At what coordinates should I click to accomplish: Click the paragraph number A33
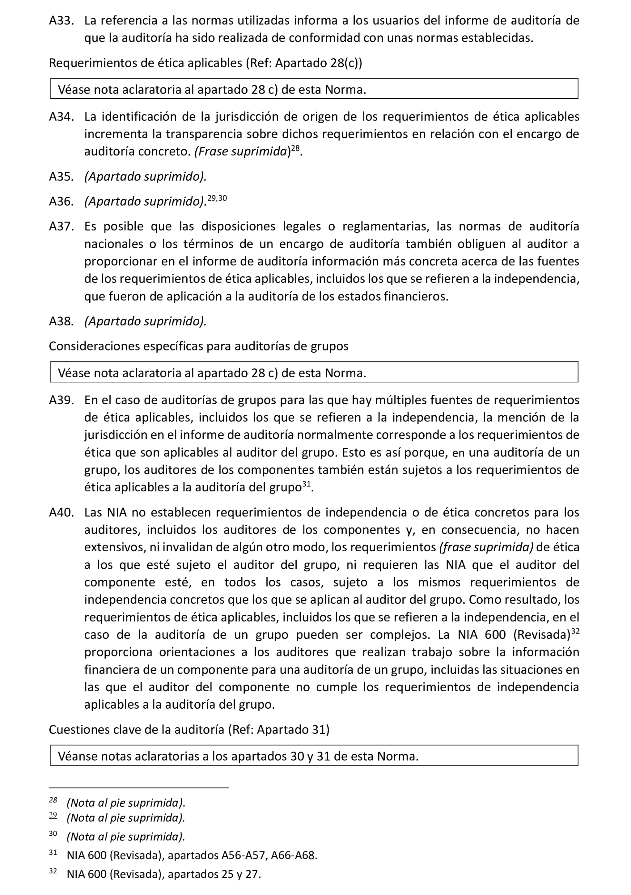click(61, 20)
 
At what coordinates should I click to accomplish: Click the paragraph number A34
click(61, 117)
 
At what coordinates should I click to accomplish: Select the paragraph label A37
click(61, 226)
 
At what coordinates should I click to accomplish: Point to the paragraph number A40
click(61, 512)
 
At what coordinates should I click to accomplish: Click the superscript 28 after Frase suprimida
click(295, 148)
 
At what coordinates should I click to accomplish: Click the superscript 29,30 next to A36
click(217, 198)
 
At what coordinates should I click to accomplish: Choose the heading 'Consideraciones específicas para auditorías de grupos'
click(198, 346)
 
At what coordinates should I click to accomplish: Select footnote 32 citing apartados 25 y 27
click(164, 874)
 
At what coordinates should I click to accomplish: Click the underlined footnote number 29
click(53, 815)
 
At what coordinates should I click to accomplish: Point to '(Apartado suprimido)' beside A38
click(145, 321)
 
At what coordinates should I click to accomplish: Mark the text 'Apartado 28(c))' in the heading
click(319, 63)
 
